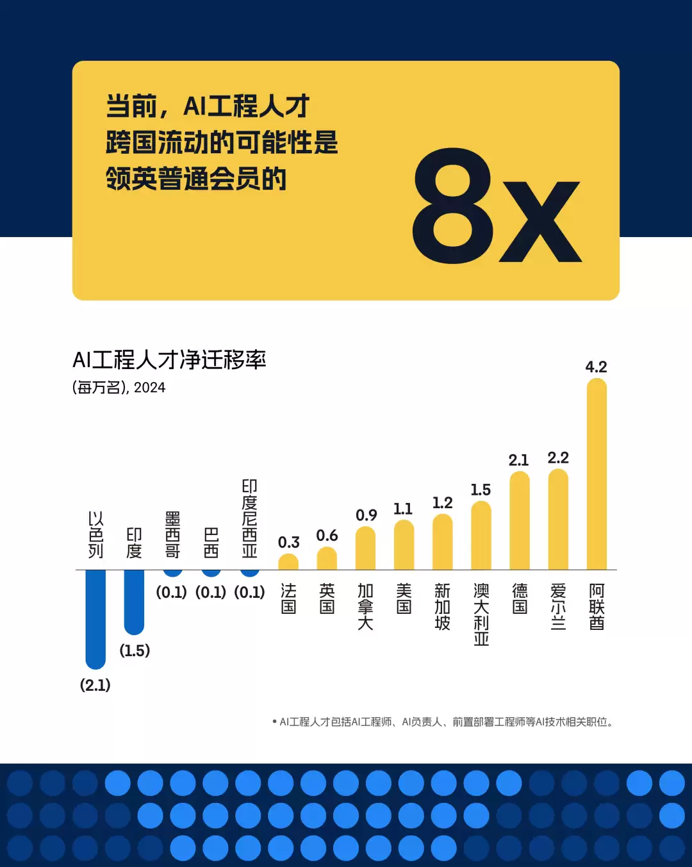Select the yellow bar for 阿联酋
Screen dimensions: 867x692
point(597,474)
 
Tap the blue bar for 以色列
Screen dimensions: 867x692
point(95,618)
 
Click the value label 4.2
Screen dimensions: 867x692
point(596,367)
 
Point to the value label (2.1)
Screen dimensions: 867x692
point(95,685)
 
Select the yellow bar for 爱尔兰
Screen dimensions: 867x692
point(558,519)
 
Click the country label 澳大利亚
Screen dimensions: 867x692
point(481,615)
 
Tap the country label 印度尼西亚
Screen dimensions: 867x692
point(249,518)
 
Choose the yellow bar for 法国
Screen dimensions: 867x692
point(288,562)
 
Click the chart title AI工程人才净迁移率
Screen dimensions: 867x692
point(169,360)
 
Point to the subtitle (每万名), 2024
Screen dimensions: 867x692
point(119,388)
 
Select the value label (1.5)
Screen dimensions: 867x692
point(135,650)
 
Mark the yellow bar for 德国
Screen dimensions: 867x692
point(520,520)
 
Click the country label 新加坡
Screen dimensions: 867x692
point(443,606)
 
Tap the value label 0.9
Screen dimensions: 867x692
point(367,515)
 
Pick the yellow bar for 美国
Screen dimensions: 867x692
point(404,545)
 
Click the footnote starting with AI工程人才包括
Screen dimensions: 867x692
point(443,722)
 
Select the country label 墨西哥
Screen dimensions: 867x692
point(172,534)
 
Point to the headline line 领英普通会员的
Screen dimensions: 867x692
point(196,179)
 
